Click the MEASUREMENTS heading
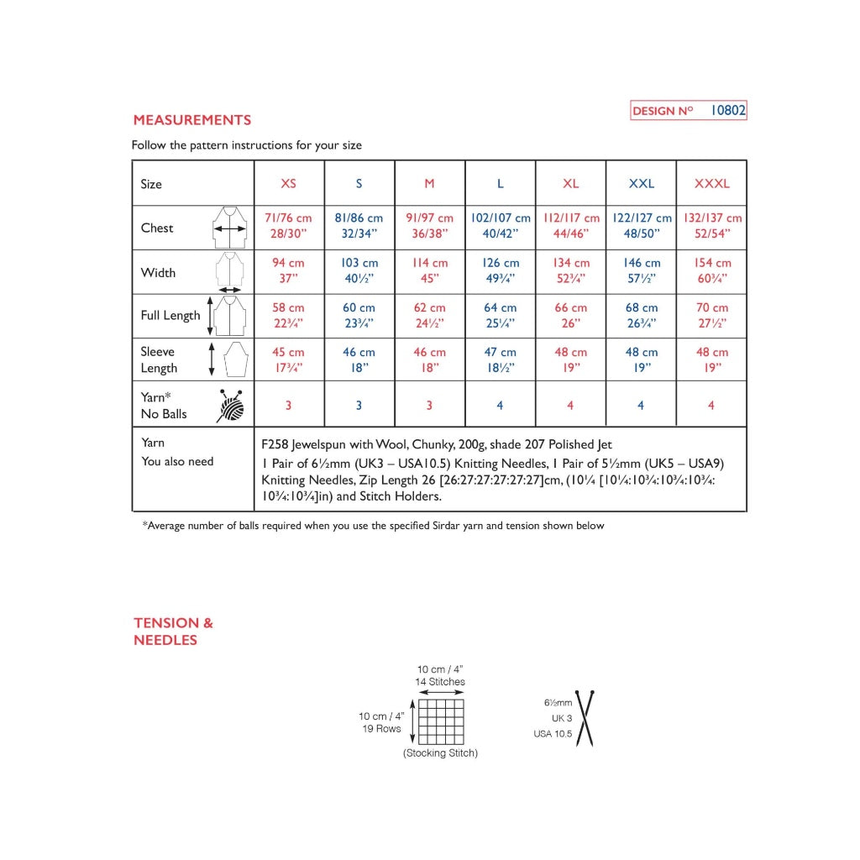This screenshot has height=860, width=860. (x=191, y=120)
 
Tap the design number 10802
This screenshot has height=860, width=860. (x=727, y=110)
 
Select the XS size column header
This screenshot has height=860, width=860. (x=288, y=183)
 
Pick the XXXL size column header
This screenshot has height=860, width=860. (x=711, y=183)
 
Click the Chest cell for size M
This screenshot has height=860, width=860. (x=429, y=227)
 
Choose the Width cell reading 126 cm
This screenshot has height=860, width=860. (x=500, y=271)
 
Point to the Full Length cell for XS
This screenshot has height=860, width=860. (x=288, y=316)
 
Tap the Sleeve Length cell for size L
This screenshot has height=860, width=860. (x=500, y=360)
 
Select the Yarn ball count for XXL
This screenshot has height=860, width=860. (x=641, y=406)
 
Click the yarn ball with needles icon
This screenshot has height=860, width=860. (x=230, y=405)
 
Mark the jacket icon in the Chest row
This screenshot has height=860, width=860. (x=228, y=227)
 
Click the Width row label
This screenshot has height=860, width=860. (x=158, y=272)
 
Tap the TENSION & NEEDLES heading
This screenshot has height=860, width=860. (x=173, y=632)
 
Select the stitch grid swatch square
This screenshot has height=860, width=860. (x=441, y=721)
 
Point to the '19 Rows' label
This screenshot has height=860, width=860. (x=382, y=729)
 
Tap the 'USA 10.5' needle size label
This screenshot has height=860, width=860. (x=553, y=734)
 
